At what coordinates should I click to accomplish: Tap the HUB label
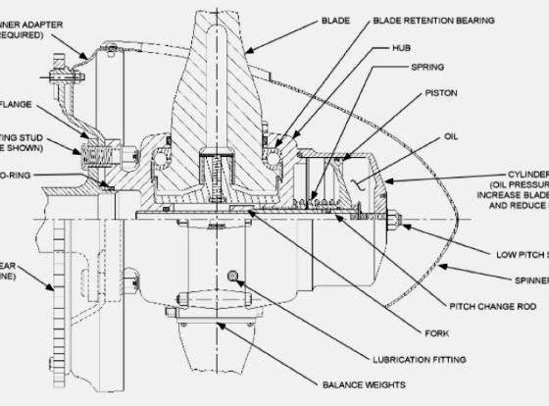[401, 46]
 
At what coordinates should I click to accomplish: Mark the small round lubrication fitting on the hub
[232, 274]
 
